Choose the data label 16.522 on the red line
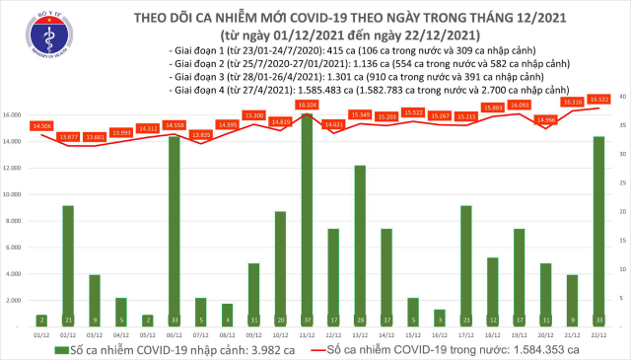pyautogui.click(x=598, y=99)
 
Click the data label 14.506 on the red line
pyautogui.click(x=41, y=125)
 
